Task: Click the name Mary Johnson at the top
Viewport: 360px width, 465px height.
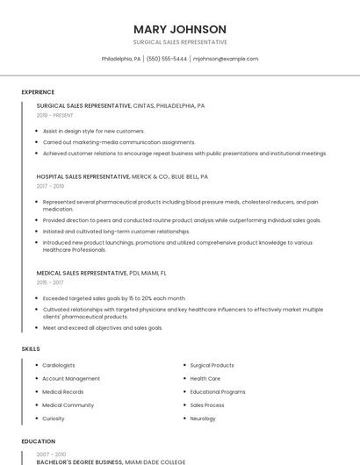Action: [x=179, y=29]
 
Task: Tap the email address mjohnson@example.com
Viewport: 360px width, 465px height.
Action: [x=226, y=59]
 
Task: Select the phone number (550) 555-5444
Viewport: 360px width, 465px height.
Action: [x=167, y=59]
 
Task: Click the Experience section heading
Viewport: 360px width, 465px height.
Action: [x=38, y=92]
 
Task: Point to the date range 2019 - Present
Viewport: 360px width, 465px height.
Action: [x=55, y=115]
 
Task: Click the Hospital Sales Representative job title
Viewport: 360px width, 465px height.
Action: [x=83, y=176]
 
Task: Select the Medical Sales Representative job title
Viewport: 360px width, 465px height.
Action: [x=82, y=273]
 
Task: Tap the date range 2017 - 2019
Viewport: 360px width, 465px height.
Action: [x=50, y=186]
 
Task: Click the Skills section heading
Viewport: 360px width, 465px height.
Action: [x=31, y=349]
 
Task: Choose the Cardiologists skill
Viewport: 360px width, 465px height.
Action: [x=59, y=365]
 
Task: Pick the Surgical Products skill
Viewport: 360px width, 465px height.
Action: [x=212, y=365]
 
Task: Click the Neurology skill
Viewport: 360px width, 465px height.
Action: [x=203, y=418]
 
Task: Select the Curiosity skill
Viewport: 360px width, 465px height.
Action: [x=54, y=418]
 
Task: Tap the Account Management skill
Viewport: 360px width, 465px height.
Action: [x=71, y=378]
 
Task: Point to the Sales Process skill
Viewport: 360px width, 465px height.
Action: [x=207, y=405]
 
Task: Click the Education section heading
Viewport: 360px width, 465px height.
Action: [x=38, y=441]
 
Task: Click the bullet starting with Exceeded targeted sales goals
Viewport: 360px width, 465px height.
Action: [x=114, y=298]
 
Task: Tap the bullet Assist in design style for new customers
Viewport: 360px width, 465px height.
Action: [x=93, y=131]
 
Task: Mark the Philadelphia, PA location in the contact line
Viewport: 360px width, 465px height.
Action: [x=121, y=59]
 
